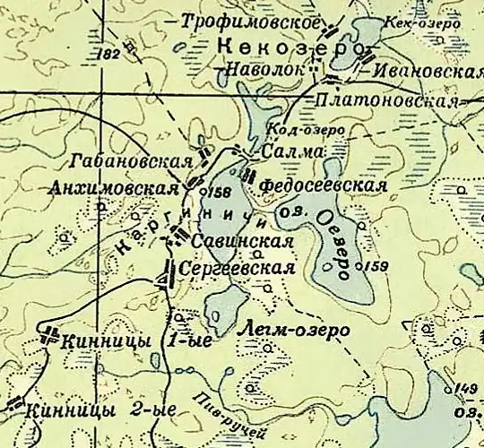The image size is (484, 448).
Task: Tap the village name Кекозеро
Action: pyautogui.click(x=293, y=46)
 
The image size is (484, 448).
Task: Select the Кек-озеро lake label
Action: pyautogui.click(x=423, y=22)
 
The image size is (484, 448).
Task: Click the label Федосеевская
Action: pyautogui.click(x=322, y=185)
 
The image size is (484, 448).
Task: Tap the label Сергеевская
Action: pyautogui.click(x=238, y=269)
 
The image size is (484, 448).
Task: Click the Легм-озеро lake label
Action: pyautogui.click(x=297, y=331)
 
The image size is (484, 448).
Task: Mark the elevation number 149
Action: pyautogui.click(x=464, y=387)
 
